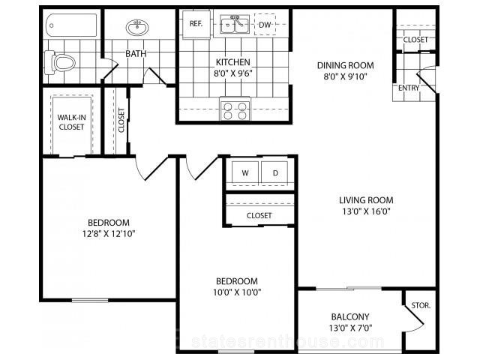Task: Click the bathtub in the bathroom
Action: pos(72,25)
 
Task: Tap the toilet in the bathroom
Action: pos(60,63)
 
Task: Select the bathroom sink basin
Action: pos(137,27)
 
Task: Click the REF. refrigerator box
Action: pos(196,25)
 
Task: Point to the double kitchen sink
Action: pos(235,24)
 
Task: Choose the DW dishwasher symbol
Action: pos(265,24)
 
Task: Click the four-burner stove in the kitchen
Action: pos(235,111)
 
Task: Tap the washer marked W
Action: pos(245,173)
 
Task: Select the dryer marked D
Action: pos(275,173)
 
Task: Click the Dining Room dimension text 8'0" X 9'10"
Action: pos(346,76)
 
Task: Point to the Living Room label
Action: pos(366,200)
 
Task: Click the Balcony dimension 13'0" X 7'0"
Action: pos(350,328)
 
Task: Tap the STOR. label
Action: pos(421,305)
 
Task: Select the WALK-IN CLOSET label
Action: pos(72,122)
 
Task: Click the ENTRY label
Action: pos(409,88)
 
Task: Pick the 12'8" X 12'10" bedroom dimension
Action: pos(109,234)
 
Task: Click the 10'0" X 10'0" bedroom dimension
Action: pos(237,292)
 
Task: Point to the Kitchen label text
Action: pos(233,62)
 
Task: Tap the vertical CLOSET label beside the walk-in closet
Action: pos(121,120)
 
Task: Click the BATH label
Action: pos(136,54)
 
